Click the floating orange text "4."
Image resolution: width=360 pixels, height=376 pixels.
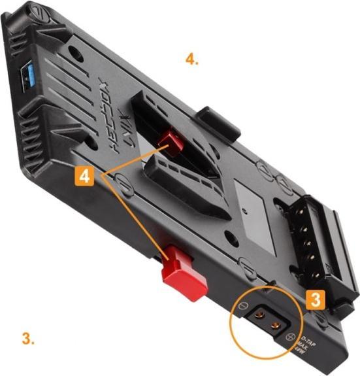(191, 60)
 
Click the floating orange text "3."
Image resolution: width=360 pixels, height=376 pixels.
(28, 339)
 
